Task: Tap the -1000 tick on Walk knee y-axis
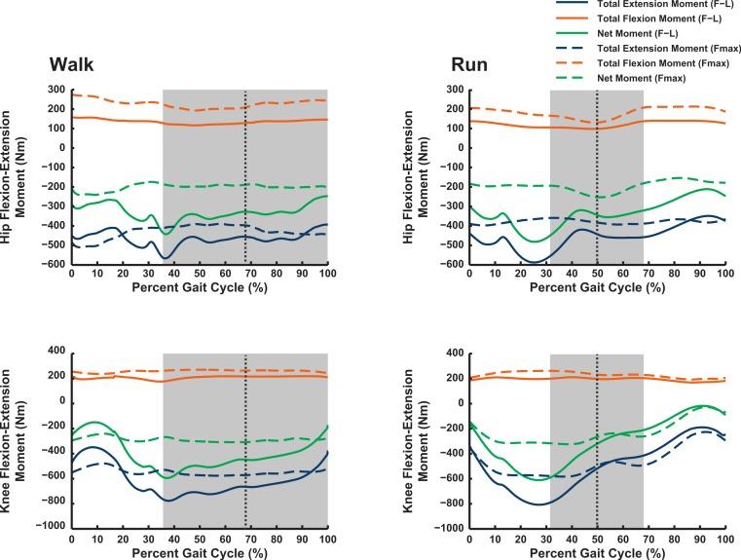(x=49, y=527)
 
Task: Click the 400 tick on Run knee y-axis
(x=452, y=351)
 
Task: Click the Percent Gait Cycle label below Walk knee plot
(x=199, y=553)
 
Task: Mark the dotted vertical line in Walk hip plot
(x=245, y=175)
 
